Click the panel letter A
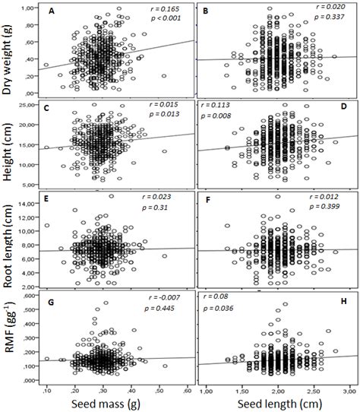[52, 13]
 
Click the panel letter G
[52, 312]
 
